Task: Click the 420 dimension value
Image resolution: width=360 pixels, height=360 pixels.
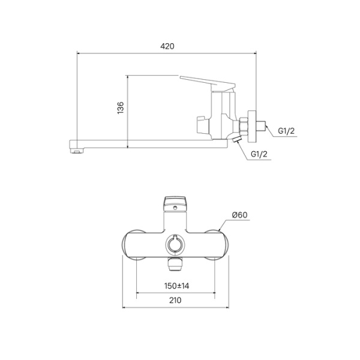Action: tap(168, 46)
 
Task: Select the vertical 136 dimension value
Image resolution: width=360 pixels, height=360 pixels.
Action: tap(120, 109)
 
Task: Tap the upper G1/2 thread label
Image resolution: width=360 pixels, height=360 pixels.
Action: tap(286, 132)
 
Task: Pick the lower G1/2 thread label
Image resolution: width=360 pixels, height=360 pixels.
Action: tap(259, 155)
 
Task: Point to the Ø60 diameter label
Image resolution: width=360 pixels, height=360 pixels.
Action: tap(238, 215)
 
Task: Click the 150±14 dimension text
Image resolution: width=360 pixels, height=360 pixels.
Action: tap(176, 286)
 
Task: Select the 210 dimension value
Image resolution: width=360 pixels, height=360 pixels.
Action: tap(176, 302)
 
